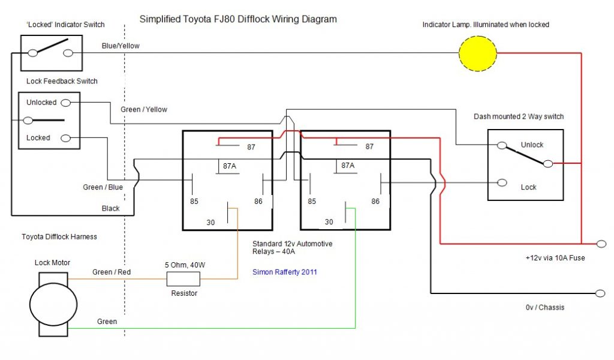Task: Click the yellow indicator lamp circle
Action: point(478,53)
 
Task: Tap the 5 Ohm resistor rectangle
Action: point(182,278)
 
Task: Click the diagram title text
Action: point(238,19)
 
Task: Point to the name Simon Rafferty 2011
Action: point(285,272)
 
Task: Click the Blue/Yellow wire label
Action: point(121,46)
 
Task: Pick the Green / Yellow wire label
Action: point(144,110)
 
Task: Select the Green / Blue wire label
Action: point(103,187)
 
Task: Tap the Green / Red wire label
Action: point(112,272)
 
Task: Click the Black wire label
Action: point(110,209)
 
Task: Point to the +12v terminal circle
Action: point(601,244)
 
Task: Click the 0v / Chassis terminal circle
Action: point(601,293)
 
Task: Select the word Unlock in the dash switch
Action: point(532,145)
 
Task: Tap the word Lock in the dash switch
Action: point(528,187)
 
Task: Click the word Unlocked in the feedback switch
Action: point(41,103)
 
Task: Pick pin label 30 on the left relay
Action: point(210,222)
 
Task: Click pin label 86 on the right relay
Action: point(376,202)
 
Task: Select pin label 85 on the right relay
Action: point(312,202)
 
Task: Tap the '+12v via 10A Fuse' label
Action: point(555,258)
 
